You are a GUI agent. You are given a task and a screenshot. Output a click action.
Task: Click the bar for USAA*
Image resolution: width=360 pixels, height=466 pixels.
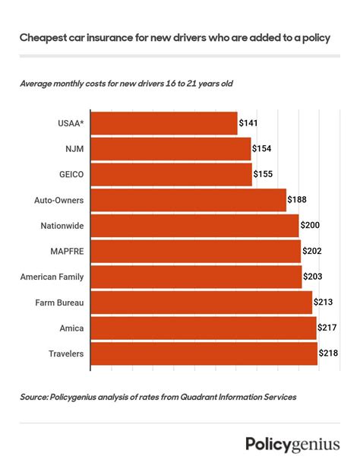163,123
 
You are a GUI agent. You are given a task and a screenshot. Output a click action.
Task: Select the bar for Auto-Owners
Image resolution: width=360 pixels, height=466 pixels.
188,201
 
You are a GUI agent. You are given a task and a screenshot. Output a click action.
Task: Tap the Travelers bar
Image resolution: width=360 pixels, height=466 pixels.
204,354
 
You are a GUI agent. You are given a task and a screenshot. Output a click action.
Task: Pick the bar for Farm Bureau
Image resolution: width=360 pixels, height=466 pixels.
201,303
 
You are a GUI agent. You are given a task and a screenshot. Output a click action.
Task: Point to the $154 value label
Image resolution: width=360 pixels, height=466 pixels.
262,149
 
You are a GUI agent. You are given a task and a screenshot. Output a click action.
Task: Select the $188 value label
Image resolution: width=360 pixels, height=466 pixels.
298,201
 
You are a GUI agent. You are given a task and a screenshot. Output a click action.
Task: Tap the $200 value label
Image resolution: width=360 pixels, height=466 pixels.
311,226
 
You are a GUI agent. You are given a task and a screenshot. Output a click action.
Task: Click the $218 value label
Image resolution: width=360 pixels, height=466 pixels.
330,354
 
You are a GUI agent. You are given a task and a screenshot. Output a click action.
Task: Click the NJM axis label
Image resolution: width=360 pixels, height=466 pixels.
73,149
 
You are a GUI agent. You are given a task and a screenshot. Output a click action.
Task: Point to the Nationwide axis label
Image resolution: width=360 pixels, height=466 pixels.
62,226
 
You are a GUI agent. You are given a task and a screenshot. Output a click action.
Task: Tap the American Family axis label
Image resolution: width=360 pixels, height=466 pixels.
52,277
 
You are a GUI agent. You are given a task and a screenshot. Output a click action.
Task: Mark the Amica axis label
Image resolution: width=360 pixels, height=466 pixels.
71,328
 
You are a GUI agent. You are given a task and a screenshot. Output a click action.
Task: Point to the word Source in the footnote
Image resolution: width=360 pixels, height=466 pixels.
35,397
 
